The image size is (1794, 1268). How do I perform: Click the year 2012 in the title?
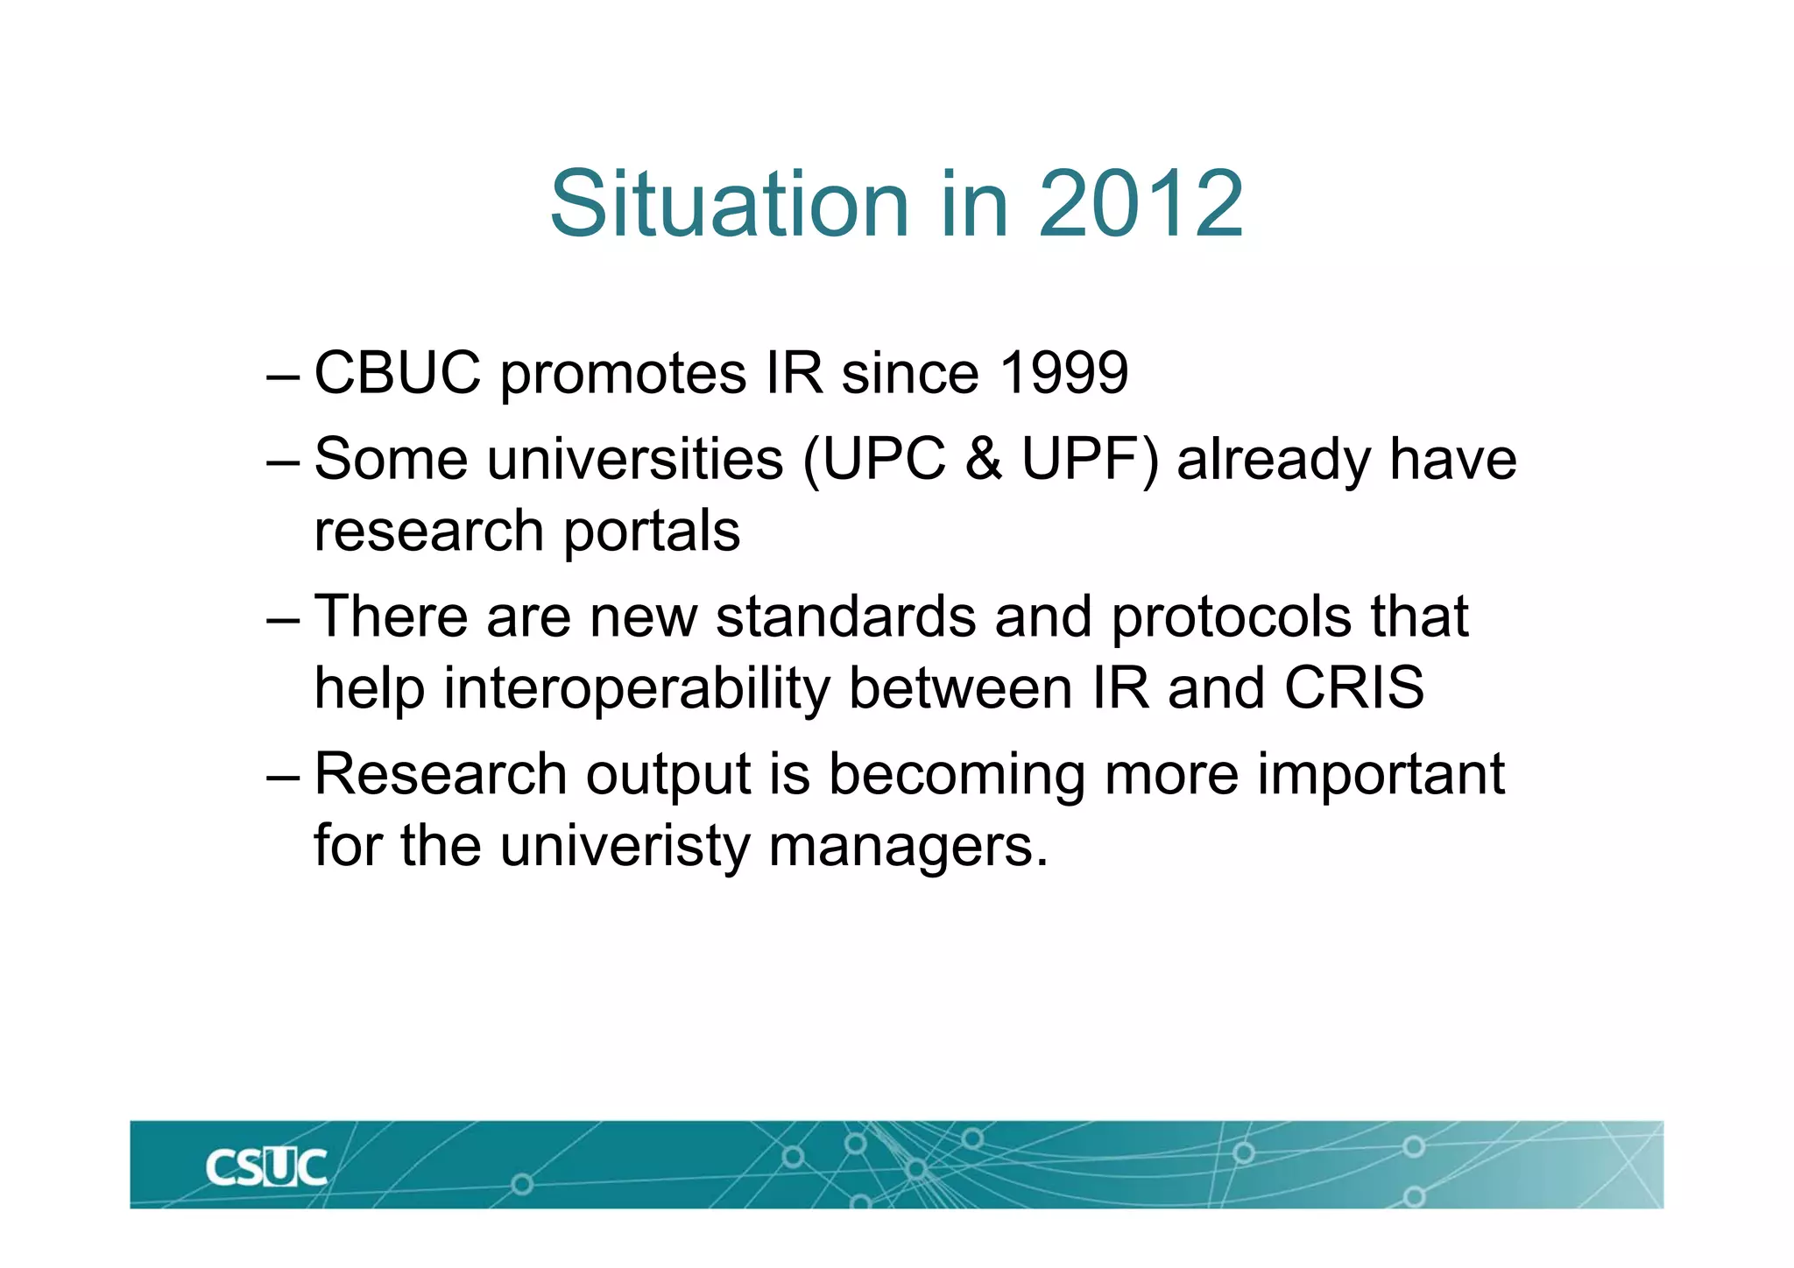1141,204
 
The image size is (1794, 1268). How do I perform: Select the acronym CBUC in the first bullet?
398,373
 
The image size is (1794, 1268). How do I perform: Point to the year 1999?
1063,373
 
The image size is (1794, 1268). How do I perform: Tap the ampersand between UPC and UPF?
985,459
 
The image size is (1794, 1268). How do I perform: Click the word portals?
652,532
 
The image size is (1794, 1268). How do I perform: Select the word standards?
845,616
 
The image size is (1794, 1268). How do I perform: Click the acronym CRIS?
1354,688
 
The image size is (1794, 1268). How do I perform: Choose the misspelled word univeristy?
625,848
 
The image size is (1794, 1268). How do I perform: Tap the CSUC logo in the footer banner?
266,1168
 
